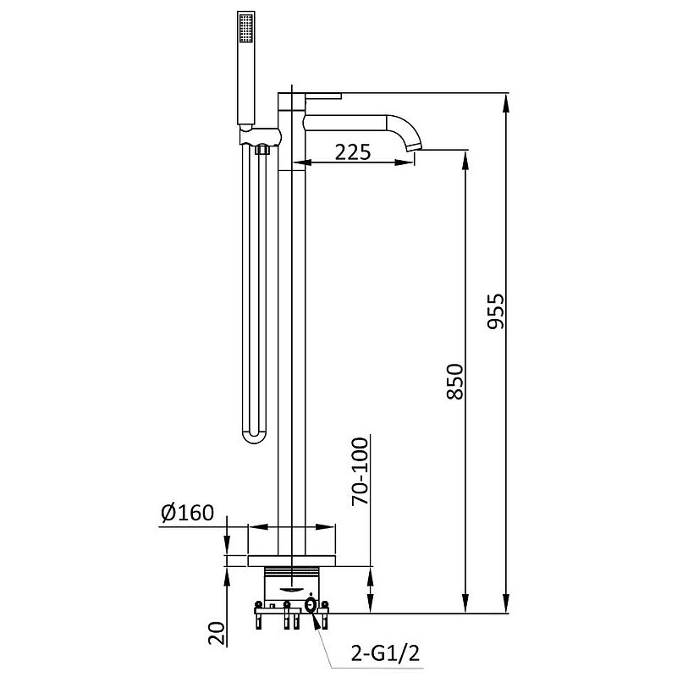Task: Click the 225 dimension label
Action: point(353,152)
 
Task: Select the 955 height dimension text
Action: point(496,311)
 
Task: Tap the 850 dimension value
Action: point(455,382)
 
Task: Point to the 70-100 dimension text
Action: point(361,471)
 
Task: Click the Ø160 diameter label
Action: point(187,513)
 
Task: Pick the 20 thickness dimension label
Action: point(217,633)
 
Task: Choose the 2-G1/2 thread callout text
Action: point(385,654)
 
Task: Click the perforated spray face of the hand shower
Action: point(246,28)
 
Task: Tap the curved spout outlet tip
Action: point(415,147)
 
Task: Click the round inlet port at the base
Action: point(311,605)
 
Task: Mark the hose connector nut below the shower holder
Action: point(261,150)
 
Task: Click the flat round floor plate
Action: point(291,561)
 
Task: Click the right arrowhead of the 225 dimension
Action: point(406,162)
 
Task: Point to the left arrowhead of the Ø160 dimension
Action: point(257,527)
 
